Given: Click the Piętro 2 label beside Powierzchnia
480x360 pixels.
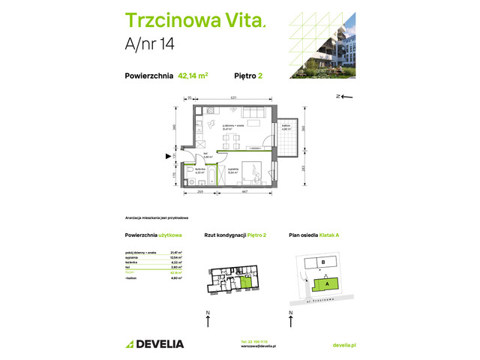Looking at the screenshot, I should click(248, 75).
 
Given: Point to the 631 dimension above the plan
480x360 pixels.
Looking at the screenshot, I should click(234, 98).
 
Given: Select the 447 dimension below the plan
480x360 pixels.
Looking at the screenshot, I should click(245, 193).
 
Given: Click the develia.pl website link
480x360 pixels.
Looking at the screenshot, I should click(343, 343).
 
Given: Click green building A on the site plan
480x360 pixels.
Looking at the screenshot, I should click(326, 283).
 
